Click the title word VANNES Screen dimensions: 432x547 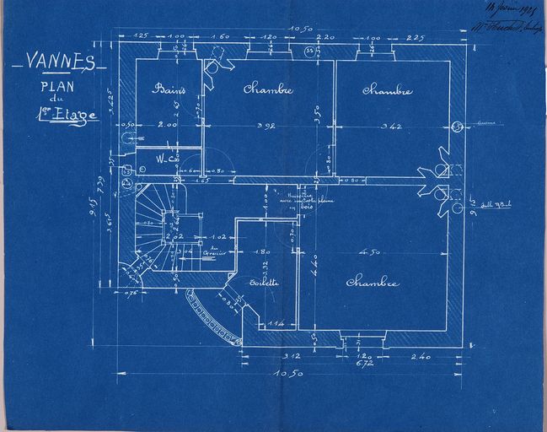59,62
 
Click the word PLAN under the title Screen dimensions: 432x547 56,85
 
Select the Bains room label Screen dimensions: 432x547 168,89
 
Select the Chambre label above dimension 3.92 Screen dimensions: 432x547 268,90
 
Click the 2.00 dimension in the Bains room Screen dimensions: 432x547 169,126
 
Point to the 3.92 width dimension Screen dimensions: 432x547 266,127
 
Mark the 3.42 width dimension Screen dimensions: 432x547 389,127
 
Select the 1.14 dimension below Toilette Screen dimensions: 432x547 276,324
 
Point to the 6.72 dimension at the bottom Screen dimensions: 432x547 365,364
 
